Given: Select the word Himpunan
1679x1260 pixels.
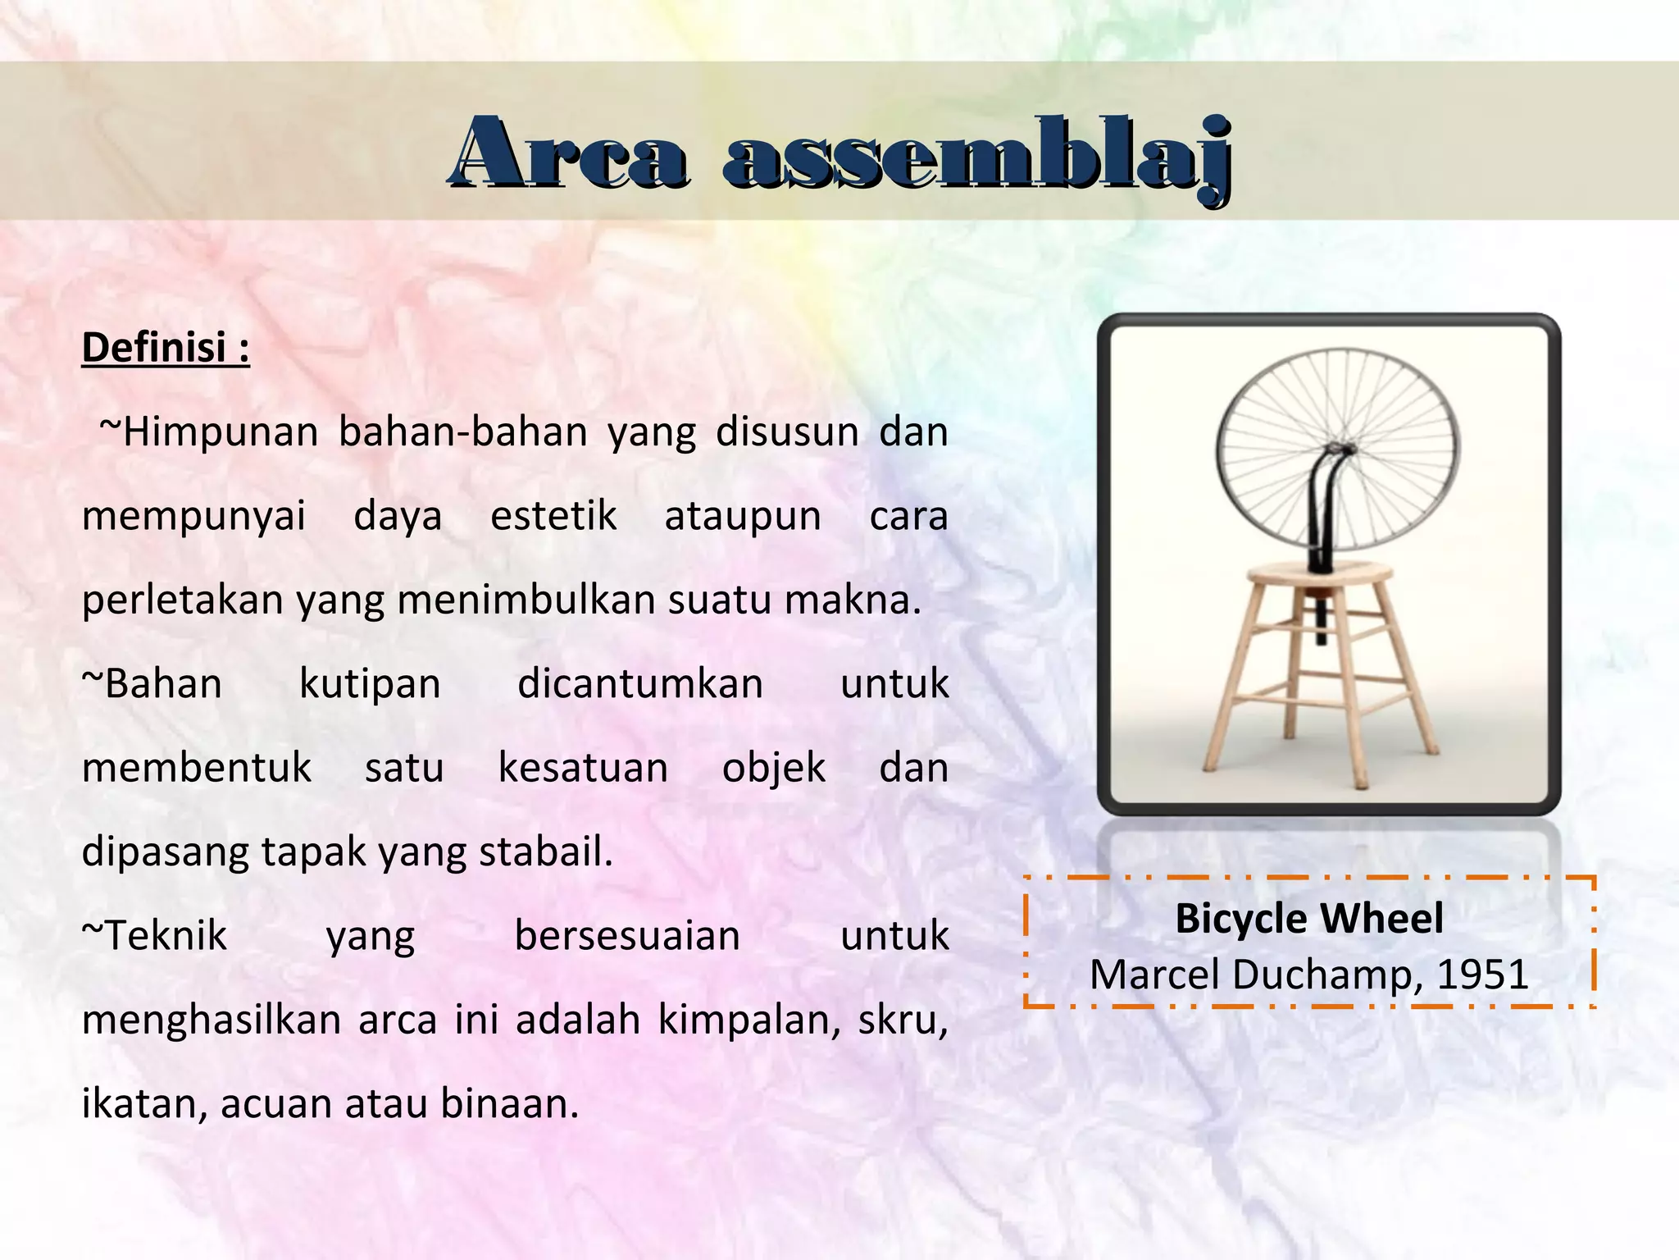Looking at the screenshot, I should tap(220, 431).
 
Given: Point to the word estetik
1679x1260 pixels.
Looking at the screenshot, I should tap(553, 516).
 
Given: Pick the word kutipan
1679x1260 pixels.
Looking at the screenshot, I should tap(370, 684).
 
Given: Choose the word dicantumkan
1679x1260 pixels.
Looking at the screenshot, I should tap(640, 684).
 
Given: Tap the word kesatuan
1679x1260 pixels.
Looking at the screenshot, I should tap(583, 768).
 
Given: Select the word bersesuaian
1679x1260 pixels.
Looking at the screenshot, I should tap(627, 936).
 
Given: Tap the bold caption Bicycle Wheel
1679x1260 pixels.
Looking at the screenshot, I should tap(1309, 918).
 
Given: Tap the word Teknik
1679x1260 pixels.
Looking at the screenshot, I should tap(156, 936).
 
